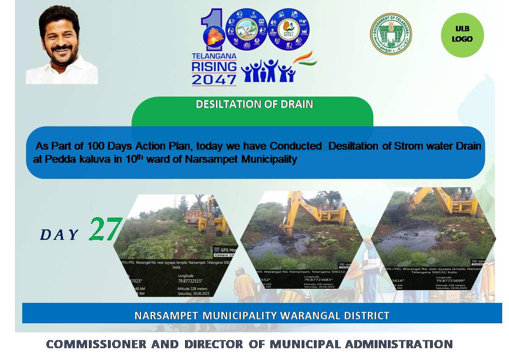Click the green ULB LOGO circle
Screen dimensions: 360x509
point(462,34)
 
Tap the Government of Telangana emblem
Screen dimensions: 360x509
point(391,34)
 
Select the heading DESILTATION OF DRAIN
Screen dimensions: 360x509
point(254,104)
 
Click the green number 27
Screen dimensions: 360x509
point(105,229)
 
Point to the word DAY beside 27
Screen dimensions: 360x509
point(59,234)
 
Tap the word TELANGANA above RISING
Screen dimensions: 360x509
point(214,56)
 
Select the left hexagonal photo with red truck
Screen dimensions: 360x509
point(176,240)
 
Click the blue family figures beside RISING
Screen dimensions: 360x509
point(268,71)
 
